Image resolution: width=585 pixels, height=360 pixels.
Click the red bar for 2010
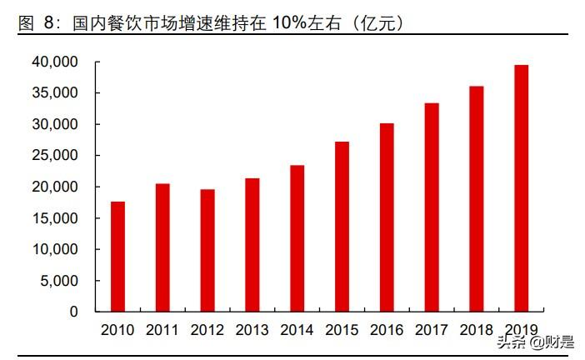(117, 257)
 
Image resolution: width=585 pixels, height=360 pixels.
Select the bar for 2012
(207, 250)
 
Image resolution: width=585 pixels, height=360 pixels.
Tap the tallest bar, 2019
(521, 188)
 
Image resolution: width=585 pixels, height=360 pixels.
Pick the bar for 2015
(342, 227)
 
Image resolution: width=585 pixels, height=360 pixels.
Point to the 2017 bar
(432, 207)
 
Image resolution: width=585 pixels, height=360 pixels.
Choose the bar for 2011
(162, 247)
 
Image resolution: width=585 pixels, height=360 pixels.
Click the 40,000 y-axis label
(55, 62)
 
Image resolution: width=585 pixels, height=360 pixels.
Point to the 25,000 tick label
(55, 155)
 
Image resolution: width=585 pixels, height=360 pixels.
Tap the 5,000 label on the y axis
(59, 281)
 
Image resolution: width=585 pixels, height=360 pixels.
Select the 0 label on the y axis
(74, 312)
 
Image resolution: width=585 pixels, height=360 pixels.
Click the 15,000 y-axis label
(55, 217)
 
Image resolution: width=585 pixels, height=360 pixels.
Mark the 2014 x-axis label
(297, 330)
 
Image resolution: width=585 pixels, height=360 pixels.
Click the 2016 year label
(387, 330)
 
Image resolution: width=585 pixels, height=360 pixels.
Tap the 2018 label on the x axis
(477, 330)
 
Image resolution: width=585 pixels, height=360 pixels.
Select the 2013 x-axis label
(252, 330)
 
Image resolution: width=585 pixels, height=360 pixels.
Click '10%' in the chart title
(289, 22)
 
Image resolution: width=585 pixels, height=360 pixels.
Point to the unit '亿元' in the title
(377, 23)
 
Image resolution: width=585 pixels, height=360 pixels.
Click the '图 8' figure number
(36, 22)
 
